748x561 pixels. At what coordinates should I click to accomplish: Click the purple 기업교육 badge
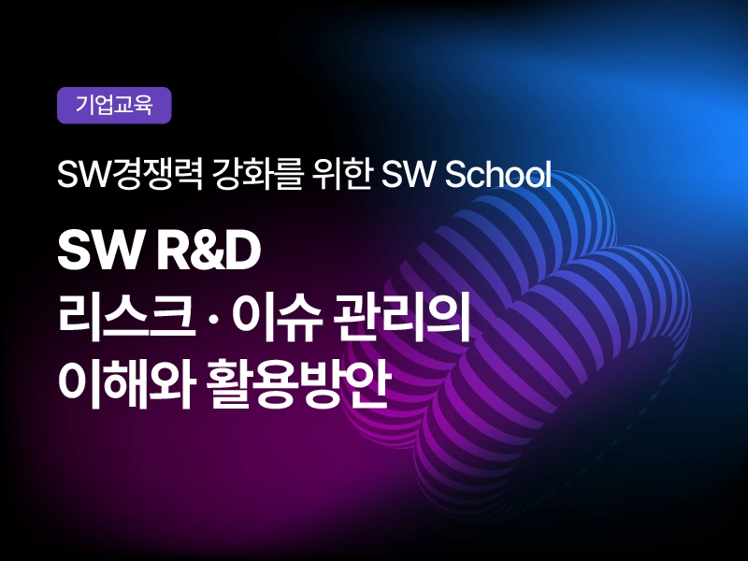pos(114,106)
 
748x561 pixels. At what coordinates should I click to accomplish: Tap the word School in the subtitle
pos(497,174)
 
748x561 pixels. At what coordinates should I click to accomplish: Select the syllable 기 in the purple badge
pos(84,105)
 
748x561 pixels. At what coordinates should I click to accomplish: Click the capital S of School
pos(453,175)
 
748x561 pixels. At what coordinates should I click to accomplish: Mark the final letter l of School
pos(548,174)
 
